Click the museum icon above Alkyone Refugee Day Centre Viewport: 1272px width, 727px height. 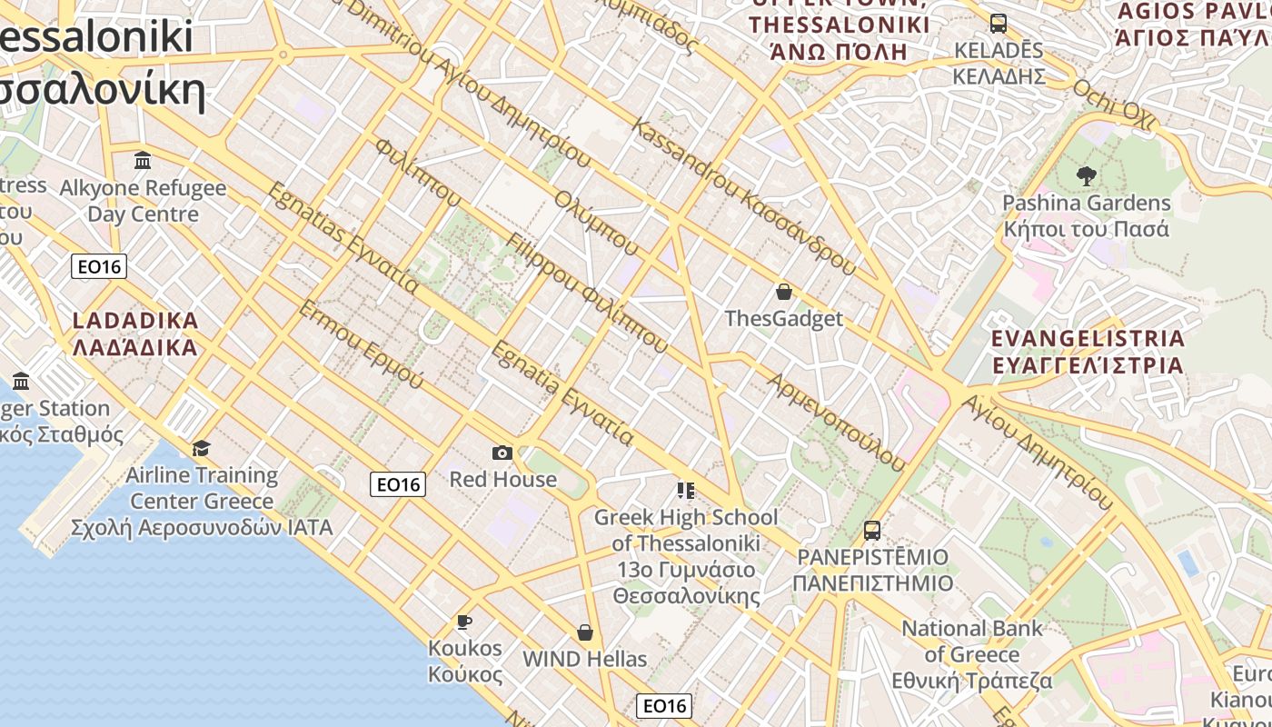143,161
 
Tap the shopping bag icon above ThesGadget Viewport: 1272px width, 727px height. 784,292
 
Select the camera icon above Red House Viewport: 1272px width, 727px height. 502,453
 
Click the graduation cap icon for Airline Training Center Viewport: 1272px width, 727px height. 201,448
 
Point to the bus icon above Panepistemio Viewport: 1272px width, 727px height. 872,530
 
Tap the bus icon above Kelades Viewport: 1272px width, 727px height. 999,23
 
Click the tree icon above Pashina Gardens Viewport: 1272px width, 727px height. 1086,175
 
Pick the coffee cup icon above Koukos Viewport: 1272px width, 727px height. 464,622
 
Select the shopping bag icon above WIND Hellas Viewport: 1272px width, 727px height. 585,632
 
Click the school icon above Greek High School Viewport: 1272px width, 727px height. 686,491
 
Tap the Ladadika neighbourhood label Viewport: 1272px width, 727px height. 134,334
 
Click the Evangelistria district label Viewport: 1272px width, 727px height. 1088,352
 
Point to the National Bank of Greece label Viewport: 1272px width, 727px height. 972,654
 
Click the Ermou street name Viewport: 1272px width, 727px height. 361,345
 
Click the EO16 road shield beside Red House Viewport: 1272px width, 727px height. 398,484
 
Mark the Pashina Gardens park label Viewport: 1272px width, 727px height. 1086,215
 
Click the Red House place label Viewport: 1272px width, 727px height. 503,479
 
